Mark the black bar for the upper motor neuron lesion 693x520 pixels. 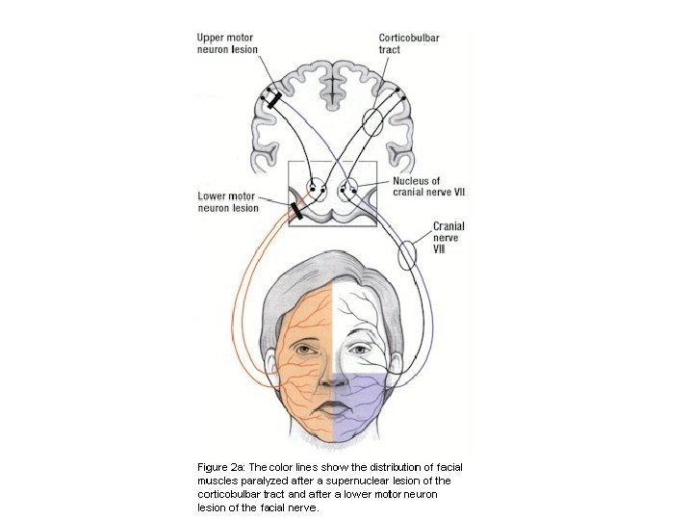pos(273,99)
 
